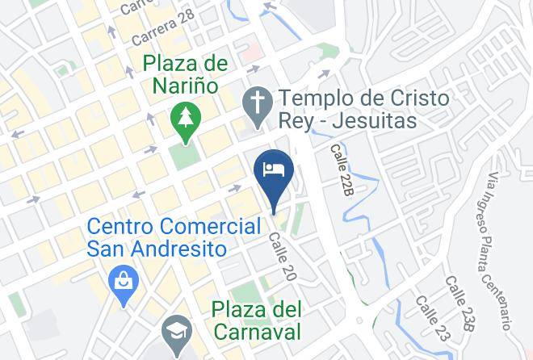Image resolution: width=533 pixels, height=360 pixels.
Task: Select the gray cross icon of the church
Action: (258, 103)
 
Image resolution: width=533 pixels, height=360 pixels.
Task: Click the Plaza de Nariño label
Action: (184, 73)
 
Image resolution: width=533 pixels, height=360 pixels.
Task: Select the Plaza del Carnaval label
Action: (258, 320)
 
